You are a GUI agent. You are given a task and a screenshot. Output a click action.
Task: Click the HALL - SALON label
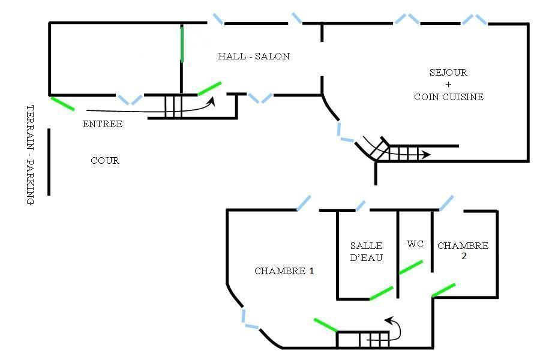[254, 56]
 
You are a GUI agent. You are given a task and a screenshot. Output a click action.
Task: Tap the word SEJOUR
[448, 73]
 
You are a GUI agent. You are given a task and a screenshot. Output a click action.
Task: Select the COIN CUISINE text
[449, 97]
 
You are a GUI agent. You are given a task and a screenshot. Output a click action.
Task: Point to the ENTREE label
[102, 124]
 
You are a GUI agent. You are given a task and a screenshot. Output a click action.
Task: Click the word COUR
[105, 161]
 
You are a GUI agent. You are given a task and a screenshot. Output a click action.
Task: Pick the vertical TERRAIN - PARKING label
[31, 155]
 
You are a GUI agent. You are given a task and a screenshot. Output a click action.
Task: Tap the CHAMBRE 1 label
[284, 271]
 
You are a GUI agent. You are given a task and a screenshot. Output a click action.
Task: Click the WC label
[415, 244]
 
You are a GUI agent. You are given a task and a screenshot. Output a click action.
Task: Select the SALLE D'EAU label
[366, 251]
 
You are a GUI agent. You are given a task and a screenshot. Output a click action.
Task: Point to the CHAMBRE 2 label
[463, 250]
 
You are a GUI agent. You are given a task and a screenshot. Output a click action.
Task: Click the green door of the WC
[410, 268]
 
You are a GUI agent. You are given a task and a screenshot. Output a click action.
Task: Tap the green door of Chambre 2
[443, 290]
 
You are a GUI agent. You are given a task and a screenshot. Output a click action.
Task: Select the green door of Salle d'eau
[381, 293]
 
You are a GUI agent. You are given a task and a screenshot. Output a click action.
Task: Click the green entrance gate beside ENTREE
[62, 104]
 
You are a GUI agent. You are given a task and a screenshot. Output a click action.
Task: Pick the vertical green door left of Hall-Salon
[182, 45]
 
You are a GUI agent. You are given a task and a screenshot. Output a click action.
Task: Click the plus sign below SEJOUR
[448, 85]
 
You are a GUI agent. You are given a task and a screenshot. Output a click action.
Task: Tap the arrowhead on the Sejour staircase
[427, 154]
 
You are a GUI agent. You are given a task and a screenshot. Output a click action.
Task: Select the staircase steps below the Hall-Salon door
[173, 106]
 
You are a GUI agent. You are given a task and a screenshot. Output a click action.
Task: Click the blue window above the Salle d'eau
[361, 206]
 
